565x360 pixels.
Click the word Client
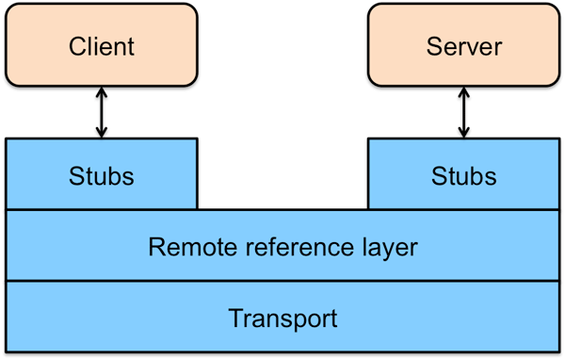[102, 46]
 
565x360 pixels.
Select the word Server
[463, 46]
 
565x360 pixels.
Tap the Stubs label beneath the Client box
[102, 175]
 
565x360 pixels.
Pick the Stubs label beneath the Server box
[463, 175]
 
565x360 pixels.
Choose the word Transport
[282, 318]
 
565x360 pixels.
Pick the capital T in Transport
[235, 318]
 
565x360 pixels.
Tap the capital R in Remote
[156, 247]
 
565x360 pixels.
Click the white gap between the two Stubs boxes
[282, 173]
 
